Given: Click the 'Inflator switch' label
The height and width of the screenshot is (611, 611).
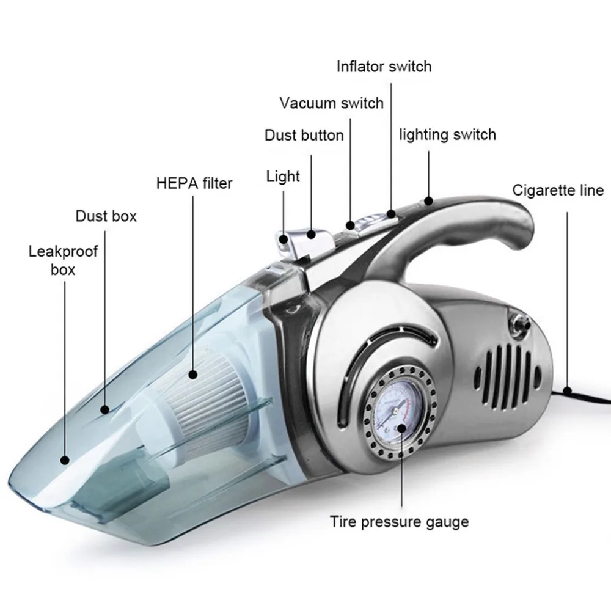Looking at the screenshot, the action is tap(384, 67).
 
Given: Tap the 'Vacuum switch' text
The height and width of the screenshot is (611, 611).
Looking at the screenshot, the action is tap(331, 103).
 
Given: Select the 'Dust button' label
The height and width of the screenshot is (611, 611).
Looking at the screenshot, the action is tap(304, 135).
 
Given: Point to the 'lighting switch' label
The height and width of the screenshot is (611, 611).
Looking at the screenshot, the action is tap(447, 135).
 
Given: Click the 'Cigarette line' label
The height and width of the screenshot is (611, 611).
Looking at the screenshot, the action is tap(558, 190).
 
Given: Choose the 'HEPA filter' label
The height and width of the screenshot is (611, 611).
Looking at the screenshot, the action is tap(194, 183).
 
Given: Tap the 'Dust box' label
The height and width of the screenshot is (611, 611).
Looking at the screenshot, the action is tap(106, 216).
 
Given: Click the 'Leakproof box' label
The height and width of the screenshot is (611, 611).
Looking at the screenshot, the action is tap(63, 260).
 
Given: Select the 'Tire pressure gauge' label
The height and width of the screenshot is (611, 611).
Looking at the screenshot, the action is tap(400, 522).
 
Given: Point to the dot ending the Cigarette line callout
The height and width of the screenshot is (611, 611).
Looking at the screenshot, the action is tap(568, 391).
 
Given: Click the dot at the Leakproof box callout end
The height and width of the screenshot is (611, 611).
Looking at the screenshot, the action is tap(65, 460).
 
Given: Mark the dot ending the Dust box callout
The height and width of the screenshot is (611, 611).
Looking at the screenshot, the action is tap(105, 409).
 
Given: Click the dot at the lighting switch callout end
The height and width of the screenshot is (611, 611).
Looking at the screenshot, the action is tap(429, 201).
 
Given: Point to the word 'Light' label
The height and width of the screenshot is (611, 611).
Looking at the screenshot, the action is tap(283, 177).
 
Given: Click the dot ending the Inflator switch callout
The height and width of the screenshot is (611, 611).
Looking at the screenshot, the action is tap(391, 213).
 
